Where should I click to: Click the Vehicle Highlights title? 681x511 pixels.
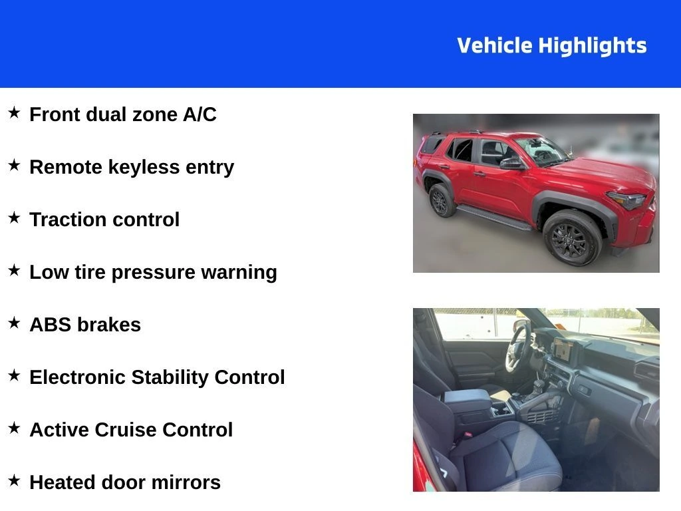tap(551, 46)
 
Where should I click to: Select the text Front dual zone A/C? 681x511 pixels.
tap(123, 114)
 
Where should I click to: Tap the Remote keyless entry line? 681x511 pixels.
tap(132, 167)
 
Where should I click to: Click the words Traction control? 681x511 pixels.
tap(104, 220)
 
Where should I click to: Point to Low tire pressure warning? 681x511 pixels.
tap(153, 272)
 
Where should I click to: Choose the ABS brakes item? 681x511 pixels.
tap(85, 325)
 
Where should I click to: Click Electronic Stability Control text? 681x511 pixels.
tap(157, 377)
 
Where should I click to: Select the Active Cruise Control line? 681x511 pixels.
tap(131, 430)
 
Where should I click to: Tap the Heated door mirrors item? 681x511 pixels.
tap(125, 482)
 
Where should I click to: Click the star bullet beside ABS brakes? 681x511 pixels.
tap(14, 323)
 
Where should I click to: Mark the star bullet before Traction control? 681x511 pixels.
tap(14, 218)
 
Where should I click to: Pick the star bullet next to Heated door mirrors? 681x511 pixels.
tap(14, 480)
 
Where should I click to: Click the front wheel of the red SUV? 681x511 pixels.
tap(571, 238)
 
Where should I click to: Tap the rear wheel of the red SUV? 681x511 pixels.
tap(440, 200)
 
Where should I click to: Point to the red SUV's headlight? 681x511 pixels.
tap(627, 200)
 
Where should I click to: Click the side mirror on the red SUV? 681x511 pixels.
tap(511, 163)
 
